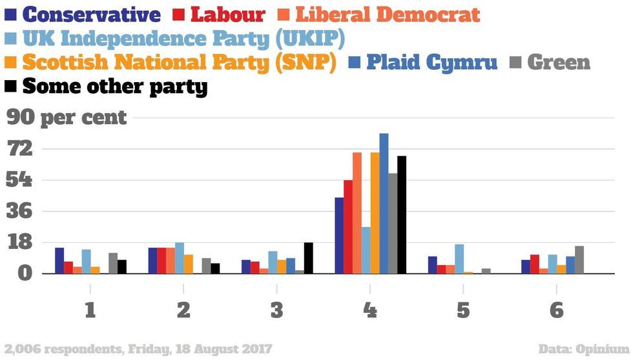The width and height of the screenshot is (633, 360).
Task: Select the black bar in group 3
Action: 308,258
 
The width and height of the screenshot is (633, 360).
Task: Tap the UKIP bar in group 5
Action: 459,259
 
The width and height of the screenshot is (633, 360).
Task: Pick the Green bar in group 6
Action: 579,260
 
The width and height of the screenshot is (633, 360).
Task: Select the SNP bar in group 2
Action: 189,264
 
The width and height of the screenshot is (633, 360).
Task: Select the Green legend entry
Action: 559,63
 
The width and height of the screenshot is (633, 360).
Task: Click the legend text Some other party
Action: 115,87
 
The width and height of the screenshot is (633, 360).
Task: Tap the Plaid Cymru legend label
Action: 432,63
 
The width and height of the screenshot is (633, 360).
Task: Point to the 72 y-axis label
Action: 20,149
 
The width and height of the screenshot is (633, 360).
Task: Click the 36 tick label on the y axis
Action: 20,211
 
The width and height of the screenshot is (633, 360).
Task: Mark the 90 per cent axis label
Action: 67,118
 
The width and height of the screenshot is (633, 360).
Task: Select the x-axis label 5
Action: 463,311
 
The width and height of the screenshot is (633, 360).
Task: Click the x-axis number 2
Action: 183,311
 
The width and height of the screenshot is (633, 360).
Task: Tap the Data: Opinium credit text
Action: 583,349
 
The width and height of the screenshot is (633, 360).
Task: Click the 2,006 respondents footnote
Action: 137,349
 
